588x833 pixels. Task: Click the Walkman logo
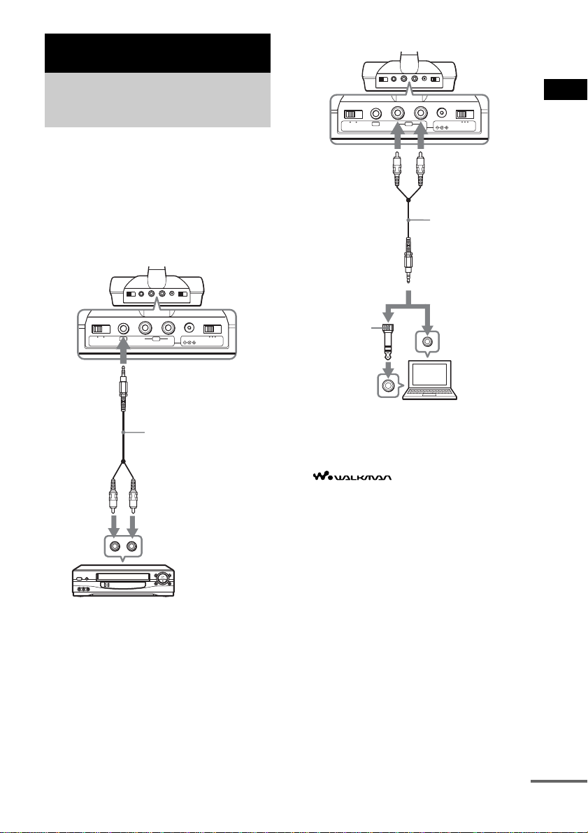click(352, 476)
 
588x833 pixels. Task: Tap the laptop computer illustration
click(430, 379)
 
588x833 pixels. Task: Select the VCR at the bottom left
click(124, 580)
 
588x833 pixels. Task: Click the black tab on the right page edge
click(565, 90)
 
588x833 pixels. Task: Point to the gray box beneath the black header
click(157, 100)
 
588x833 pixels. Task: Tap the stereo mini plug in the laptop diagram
click(408, 260)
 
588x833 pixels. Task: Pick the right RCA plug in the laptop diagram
click(421, 167)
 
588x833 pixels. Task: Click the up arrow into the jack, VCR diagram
click(123, 349)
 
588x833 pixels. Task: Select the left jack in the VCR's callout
click(115, 546)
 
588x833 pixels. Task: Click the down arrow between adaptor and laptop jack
click(388, 367)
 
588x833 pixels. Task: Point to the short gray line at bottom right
click(559, 781)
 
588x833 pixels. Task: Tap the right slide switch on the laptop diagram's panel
click(465, 114)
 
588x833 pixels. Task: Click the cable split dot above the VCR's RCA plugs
click(123, 461)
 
